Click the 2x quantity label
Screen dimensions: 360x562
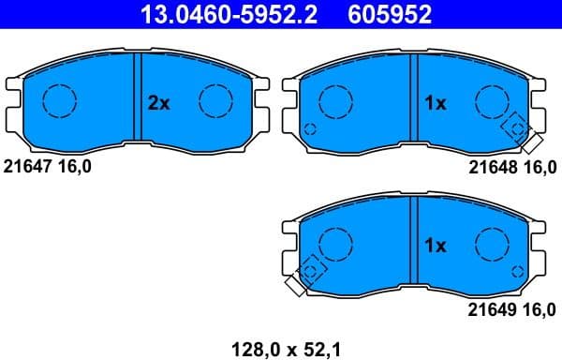tap(159, 104)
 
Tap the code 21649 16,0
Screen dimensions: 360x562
tap(512, 308)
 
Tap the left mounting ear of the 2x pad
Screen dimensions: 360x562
tap(13, 101)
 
